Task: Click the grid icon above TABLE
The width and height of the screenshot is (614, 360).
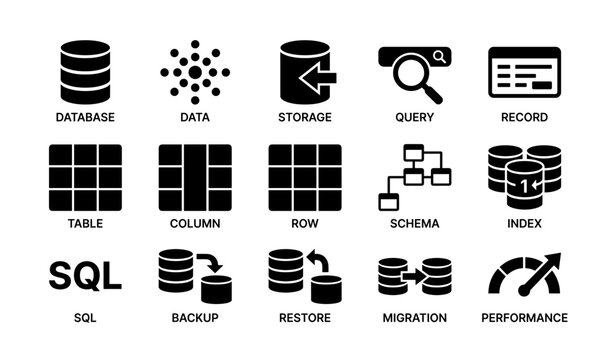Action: pyautogui.click(x=85, y=177)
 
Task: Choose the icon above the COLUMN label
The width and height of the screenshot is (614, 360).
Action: pyautogui.click(x=195, y=177)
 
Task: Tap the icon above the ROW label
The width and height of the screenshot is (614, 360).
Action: pyautogui.click(x=305, y=177)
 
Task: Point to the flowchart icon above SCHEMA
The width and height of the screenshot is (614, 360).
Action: pyautogui.click(x=414, y=177)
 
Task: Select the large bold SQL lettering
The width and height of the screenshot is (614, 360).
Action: pyautogui.click(x=85, y=274)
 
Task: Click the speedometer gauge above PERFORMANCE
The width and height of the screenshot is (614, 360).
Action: pyautogui.click(x=524, y=274)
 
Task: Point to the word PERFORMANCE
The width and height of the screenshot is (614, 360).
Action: pyautogui.click(x=524, y=318)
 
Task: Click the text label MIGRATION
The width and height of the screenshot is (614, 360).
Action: pyautogui.click(x=414, y=318)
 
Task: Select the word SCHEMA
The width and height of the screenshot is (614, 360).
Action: pyautogui.click(x=414, y=223)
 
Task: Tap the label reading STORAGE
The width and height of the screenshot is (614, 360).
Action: pyautogui.click(x=305, y=117)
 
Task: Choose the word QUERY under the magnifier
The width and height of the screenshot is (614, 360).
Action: pyautogui.click(x=414, y=117)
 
